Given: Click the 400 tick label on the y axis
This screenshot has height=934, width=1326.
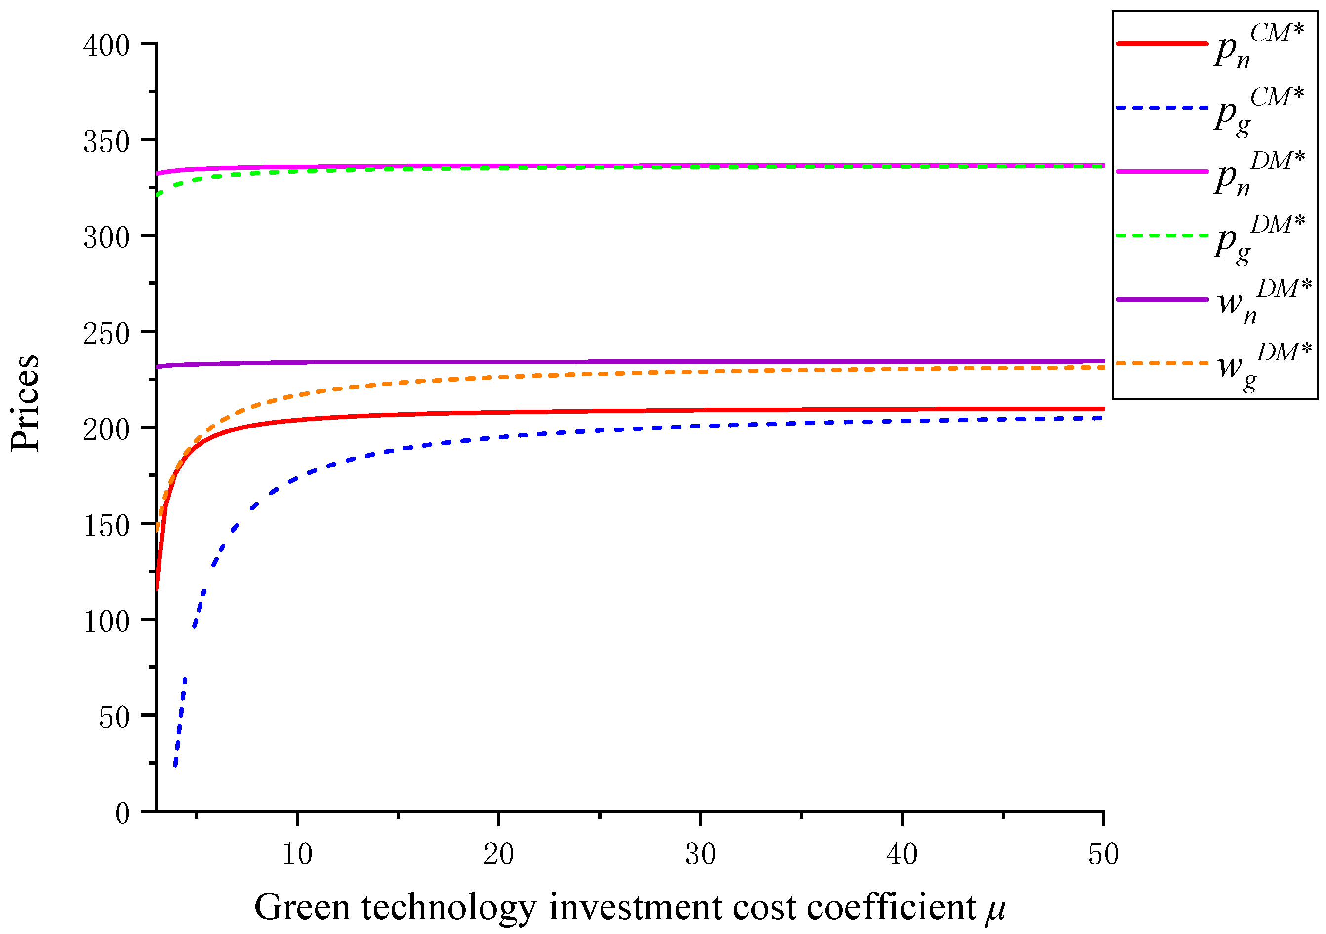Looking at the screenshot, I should point(107,45).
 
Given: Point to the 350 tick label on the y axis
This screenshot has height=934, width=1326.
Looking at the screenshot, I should point(107,141).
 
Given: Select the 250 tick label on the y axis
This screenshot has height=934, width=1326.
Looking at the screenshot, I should point(107,333).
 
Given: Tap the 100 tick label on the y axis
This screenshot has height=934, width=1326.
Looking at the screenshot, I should point(107,621).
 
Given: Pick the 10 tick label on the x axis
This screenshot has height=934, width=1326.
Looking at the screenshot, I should point(297,854).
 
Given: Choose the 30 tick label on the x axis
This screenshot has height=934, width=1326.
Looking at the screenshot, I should point(701,854).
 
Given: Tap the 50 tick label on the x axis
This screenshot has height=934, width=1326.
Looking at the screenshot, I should point(1104,854).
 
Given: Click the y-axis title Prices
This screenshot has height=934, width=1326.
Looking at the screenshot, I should point(25,402).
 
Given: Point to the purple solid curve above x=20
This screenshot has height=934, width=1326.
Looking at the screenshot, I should point(498,362).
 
